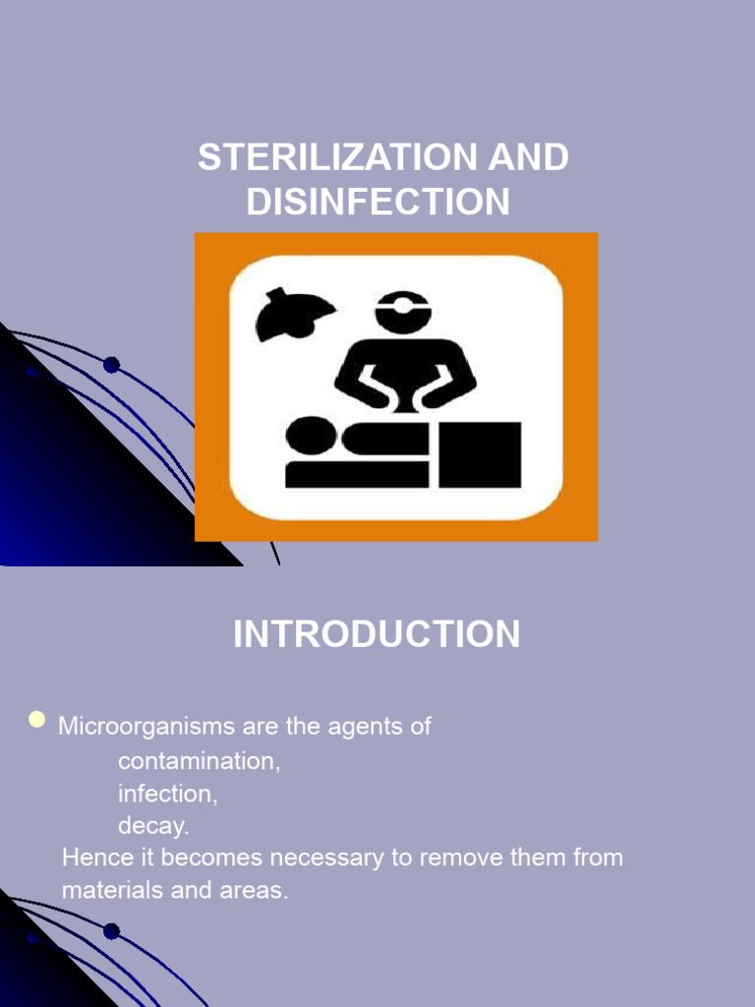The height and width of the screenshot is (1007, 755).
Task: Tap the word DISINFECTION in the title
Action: [x=378, y=203]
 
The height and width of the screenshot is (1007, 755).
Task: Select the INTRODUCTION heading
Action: [x=377, y=635]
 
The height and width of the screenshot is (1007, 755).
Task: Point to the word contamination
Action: [x=199, y=762]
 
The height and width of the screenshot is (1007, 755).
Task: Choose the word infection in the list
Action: [x=167, y=794]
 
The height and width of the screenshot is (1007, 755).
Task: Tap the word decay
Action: [x=153, y=826]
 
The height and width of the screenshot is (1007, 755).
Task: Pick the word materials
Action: [x=109, y=891]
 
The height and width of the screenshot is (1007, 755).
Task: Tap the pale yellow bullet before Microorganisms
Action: [x=37, y=720]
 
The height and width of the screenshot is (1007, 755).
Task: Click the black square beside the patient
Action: [x=480, y=454]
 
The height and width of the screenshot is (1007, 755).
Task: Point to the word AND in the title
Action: [x=531, y=159]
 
